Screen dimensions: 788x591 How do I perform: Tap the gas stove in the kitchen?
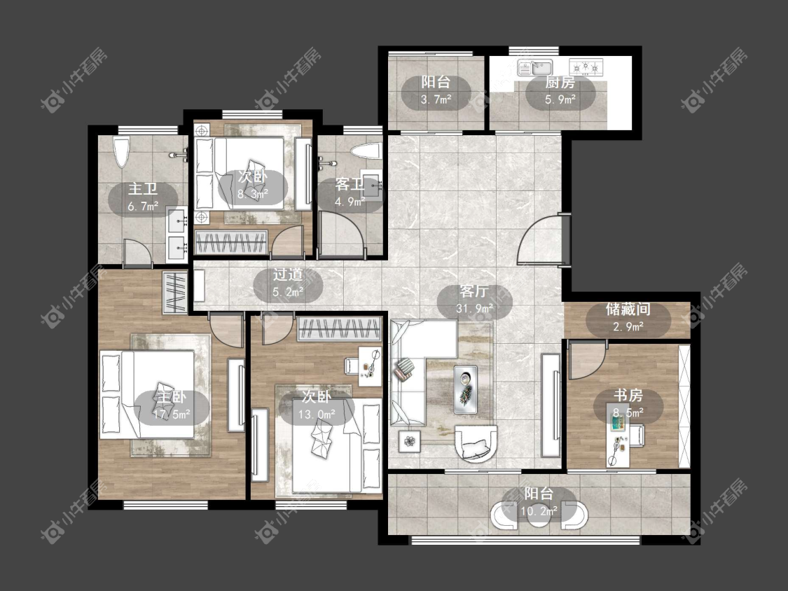click(x=586, y=67)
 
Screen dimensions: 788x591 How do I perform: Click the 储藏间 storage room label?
click(x=628, y=309)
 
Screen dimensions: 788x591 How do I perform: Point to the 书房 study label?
click(x=628, y=396)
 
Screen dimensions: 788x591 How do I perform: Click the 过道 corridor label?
click(x=288, y=274)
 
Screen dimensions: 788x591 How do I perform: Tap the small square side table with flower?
click(x=410, y=441)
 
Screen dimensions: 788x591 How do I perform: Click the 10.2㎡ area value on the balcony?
click(x=539, y=512)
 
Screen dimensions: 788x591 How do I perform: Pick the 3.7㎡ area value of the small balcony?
click(x=436, y=99)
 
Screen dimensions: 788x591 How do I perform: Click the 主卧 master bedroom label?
click(x=172, y=396)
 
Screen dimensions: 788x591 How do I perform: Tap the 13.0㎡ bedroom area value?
click(x=317, y=415)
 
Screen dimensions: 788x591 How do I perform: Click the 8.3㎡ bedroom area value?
click(x=253, y=193)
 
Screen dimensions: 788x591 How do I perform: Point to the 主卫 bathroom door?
click(x=137, y=251)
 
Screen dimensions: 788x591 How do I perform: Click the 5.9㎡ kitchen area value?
click(x=560, y=99)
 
